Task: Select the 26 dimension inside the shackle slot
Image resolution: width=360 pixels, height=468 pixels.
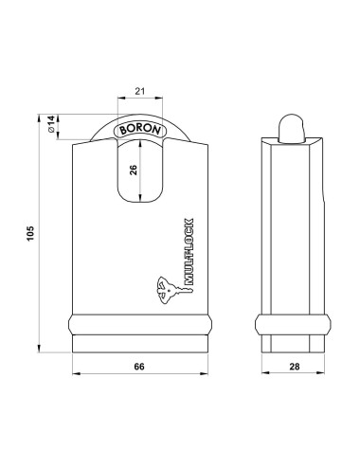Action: click(134, 170)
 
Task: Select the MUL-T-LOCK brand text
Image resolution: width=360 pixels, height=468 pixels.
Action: click(188, 268)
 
